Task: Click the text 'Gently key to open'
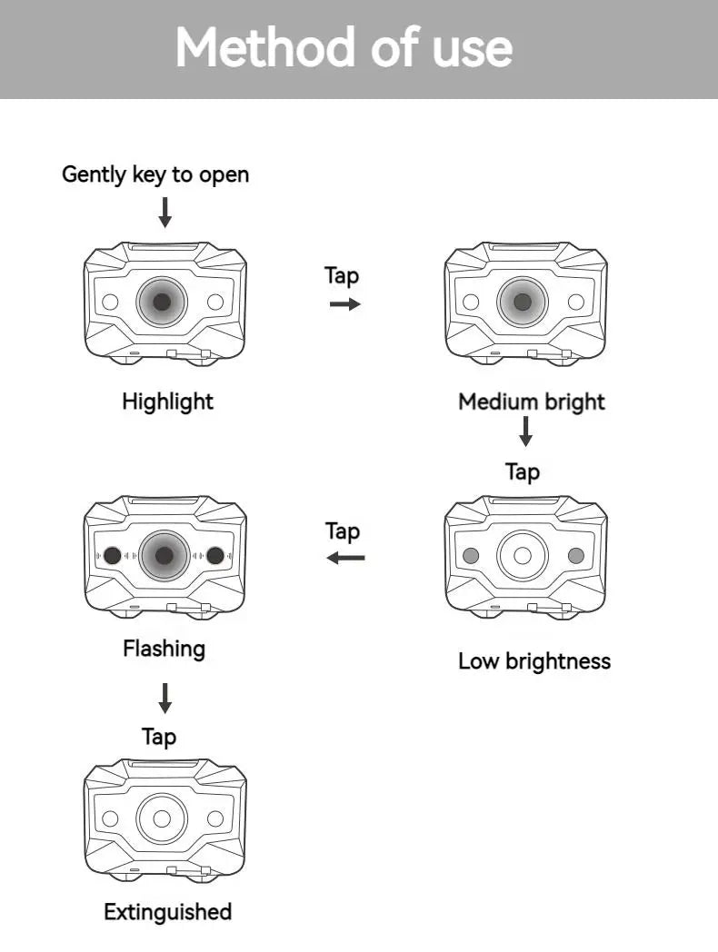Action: click(x=155, y=174)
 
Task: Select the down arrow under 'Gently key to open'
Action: click(x=165, y=211)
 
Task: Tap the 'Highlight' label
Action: click(x=168, y=402)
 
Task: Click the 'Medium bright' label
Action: click(x=532, y=402)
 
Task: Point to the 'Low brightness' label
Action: click(x=534, y=661)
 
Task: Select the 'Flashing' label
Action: click(x=165, y=649)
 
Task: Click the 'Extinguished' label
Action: click(x=168, y=912)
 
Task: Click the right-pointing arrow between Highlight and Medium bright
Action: click(x=344, y=304)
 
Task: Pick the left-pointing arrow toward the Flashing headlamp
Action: click(x=345, y=557)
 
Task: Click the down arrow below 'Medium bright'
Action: click(x=525, y=431)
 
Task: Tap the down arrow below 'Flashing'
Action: click(x=165, y=699)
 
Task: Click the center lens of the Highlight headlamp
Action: click(x=162, y=302)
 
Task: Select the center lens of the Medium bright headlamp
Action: click(x=523, y=302)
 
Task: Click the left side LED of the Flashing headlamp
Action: click(x=112, y=556)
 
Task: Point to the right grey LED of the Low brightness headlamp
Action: click(x=575, y=556)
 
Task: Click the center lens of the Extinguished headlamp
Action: click(x=162, y=818)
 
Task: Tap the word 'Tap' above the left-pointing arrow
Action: click(x=343, y=531)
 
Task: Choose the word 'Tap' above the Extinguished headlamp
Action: click(x=159, y=737)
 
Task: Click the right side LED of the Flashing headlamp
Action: click(x=215, y=556)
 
